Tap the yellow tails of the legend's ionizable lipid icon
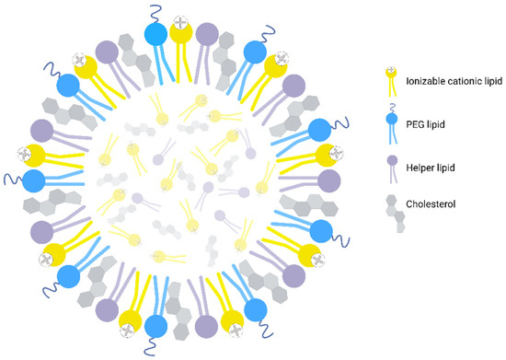click(391, 88)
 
